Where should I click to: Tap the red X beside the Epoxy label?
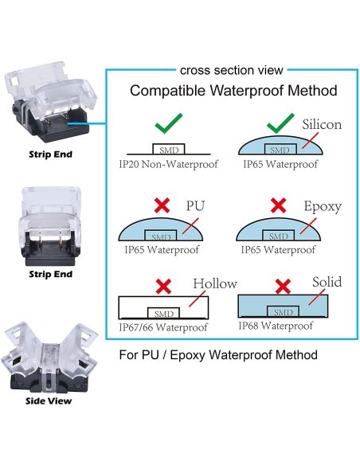277,205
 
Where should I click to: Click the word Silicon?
322,125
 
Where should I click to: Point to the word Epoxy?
322,206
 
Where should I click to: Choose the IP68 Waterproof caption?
276,326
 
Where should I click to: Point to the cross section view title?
231,70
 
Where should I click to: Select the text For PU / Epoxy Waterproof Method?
217,354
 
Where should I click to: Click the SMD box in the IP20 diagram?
169,149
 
